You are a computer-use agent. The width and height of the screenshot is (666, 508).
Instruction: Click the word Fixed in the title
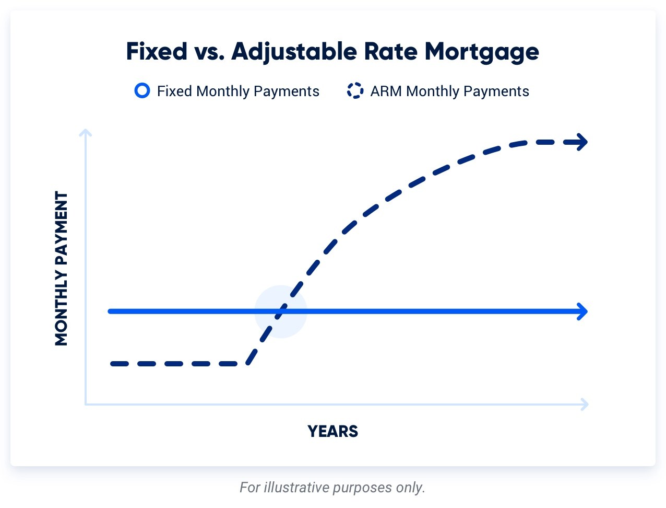157,52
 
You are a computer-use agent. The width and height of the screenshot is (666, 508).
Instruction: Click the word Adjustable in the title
294,52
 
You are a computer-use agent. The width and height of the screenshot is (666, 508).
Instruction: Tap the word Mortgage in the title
481,52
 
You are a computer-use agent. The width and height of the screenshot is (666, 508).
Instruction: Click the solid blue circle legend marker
142,91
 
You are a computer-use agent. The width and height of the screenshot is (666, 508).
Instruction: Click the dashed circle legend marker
355,91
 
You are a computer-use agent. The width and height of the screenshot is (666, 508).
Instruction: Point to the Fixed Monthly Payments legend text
238,91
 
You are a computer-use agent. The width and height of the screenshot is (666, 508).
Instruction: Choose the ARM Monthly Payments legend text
449,91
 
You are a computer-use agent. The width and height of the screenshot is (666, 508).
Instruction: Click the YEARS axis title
332,432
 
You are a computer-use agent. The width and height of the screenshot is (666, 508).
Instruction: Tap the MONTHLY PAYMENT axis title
62,269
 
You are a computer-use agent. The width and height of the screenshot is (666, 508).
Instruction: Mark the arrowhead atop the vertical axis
86,133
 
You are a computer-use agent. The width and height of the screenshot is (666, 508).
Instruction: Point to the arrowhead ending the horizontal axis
585,404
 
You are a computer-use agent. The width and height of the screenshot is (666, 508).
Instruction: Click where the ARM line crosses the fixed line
281,311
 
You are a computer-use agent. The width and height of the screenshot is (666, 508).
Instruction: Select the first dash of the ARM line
120,364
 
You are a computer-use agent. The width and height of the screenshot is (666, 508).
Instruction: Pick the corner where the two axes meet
86,404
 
